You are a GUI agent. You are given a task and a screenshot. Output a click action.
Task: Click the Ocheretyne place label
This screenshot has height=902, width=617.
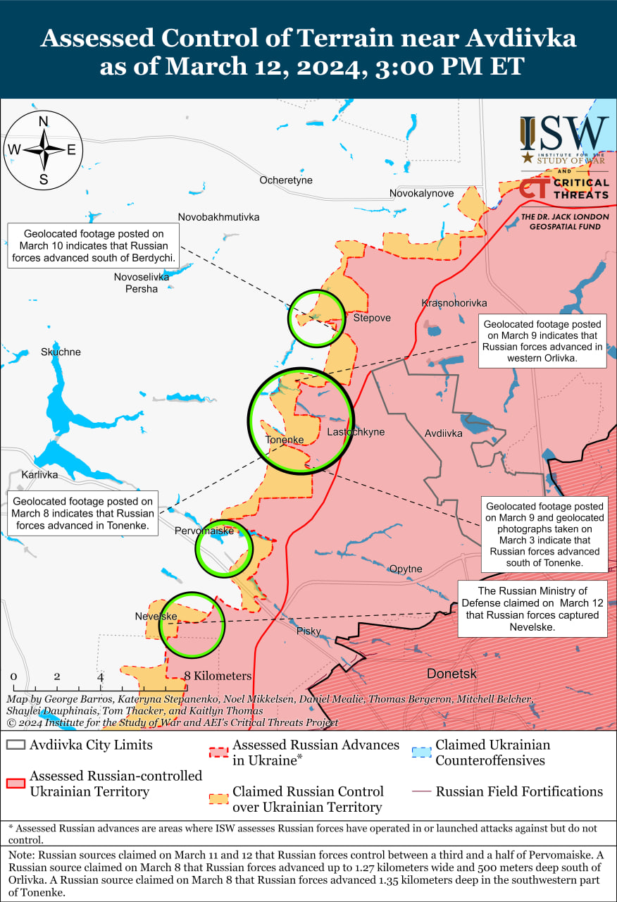coord(285,180)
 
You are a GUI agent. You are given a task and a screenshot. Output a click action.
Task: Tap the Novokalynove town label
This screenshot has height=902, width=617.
coord(422,193)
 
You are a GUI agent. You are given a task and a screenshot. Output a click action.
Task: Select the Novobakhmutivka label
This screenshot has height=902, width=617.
coord(218,217)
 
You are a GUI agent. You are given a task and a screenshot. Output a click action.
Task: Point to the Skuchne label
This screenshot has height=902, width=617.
coord(61,352)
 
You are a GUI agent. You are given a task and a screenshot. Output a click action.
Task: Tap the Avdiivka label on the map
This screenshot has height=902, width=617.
coord(444,433)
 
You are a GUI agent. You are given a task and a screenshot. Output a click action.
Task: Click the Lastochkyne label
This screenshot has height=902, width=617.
coord(356,432)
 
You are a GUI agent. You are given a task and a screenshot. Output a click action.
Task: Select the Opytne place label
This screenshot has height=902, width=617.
coord(406,569)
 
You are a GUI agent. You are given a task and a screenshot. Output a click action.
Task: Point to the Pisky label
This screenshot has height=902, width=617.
coord(308,631)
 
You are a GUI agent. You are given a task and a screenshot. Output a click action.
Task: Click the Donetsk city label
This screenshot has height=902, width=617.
coord(451,674)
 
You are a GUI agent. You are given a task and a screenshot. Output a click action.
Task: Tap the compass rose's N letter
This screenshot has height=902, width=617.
coord(43,121)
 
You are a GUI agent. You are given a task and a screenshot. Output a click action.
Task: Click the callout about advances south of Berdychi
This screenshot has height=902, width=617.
coord(93,247)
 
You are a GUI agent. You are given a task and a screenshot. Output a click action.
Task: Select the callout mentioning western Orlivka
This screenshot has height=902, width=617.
coord(542,341)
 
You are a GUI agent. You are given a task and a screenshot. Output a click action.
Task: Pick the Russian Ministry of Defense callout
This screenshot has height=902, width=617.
coord(532,608)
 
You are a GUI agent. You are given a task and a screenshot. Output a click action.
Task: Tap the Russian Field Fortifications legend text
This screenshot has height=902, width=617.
coord(519,791)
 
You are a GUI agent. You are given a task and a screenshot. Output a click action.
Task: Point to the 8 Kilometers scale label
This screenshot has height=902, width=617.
coord(218,676)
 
